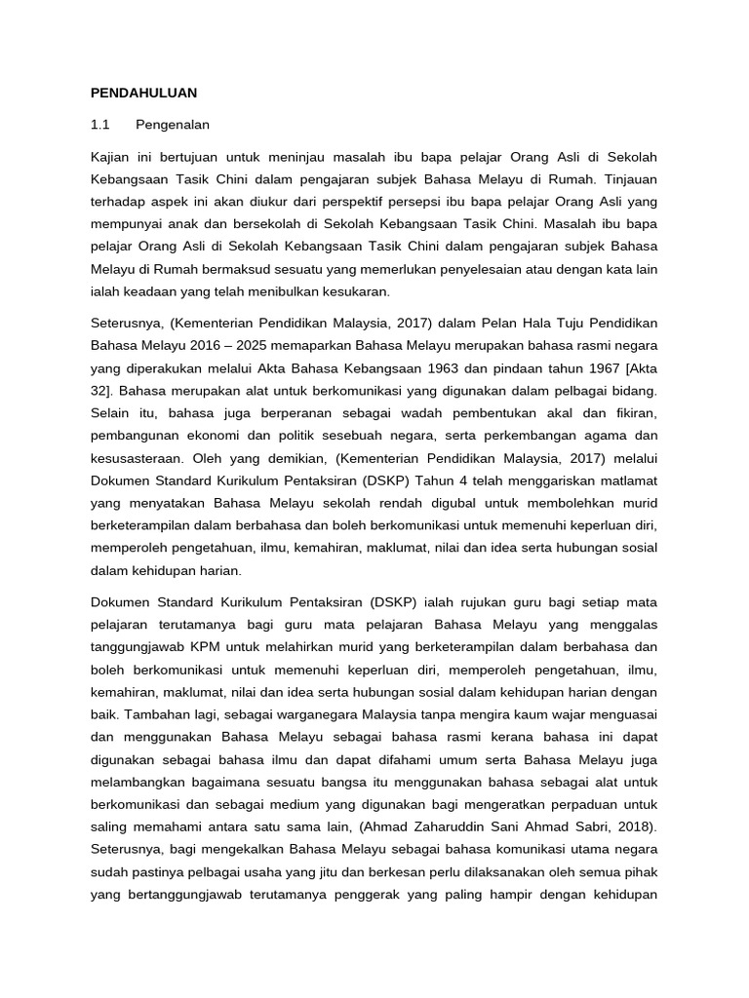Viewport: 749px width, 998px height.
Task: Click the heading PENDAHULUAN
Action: point(143,93)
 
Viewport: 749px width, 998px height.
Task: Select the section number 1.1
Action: point(99,125)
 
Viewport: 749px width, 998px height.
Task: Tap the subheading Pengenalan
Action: point(173,125)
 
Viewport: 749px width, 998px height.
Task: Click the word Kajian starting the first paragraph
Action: point(110,157)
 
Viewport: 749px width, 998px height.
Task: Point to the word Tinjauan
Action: point(629,179)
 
